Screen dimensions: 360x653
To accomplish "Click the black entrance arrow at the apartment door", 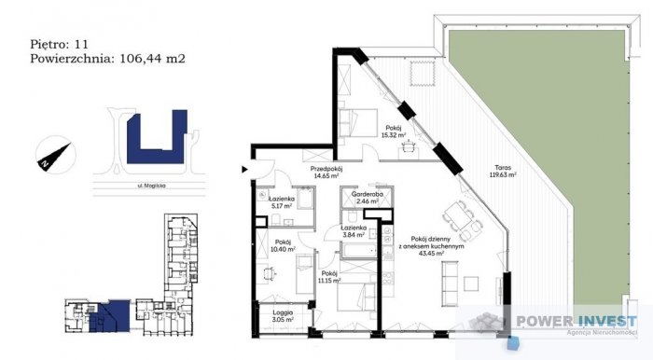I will [x=244, y=169].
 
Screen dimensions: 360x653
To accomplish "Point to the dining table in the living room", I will [x=462, y=218].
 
